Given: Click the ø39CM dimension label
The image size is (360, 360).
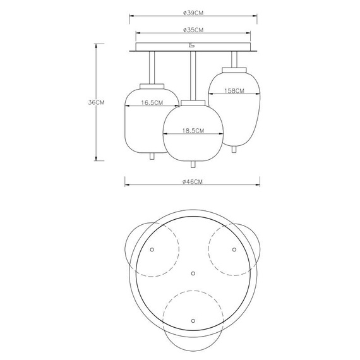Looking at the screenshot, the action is click(193, 13).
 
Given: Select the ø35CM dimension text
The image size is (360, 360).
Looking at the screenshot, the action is click(193, 30).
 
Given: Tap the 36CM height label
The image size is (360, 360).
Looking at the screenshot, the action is click(96, 102).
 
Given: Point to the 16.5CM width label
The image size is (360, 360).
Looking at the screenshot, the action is click(152, 102).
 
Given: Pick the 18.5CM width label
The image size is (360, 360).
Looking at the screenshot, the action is click(193, 131).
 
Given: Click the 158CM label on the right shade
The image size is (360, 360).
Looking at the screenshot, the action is click(234, 91).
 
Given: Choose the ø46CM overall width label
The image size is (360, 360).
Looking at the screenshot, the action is click(193, 182).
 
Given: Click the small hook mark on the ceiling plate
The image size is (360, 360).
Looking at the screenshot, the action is click(191, 45).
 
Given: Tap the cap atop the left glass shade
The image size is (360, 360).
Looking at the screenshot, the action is click(152, 87).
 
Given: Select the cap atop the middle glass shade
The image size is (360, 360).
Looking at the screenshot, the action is click(193, 103).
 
